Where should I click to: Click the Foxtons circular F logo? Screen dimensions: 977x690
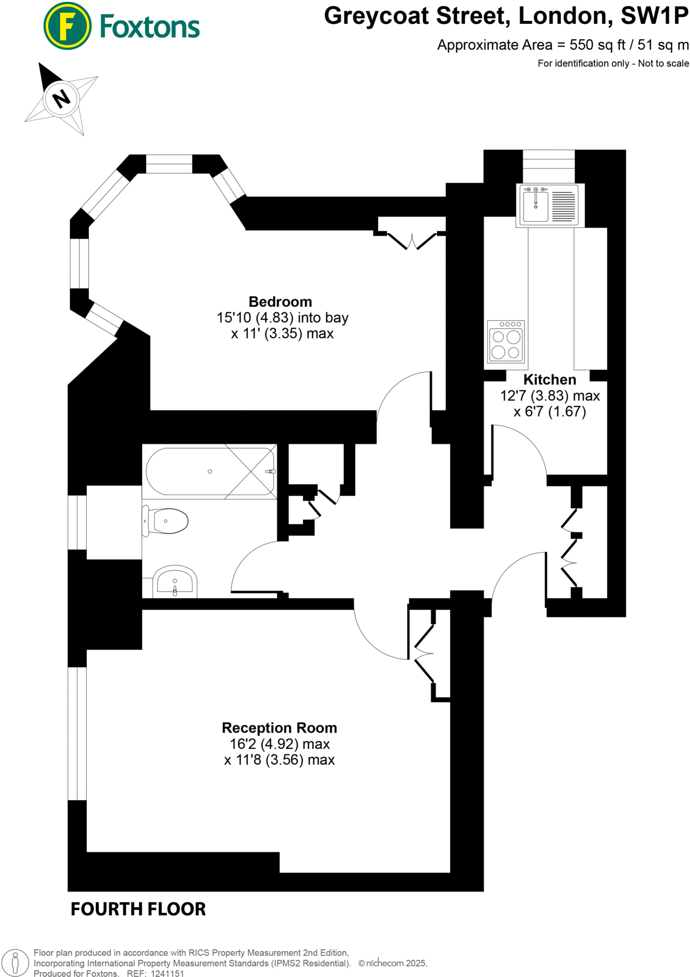pos(67,26)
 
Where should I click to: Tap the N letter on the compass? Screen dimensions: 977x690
pos(61,99)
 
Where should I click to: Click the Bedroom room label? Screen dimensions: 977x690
pos(280,301)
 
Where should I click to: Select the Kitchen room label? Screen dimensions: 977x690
pos(549,379)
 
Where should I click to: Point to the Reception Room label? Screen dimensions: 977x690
pos(279,728)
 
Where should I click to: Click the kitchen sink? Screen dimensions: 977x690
pos(536,205)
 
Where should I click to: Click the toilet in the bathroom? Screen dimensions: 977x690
pos(167,521)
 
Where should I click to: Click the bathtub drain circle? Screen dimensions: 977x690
pos(210,471)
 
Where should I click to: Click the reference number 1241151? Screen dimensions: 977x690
pos(167,973)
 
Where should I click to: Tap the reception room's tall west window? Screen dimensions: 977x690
pos(77,734)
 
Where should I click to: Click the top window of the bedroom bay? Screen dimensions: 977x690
pos(169,164)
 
